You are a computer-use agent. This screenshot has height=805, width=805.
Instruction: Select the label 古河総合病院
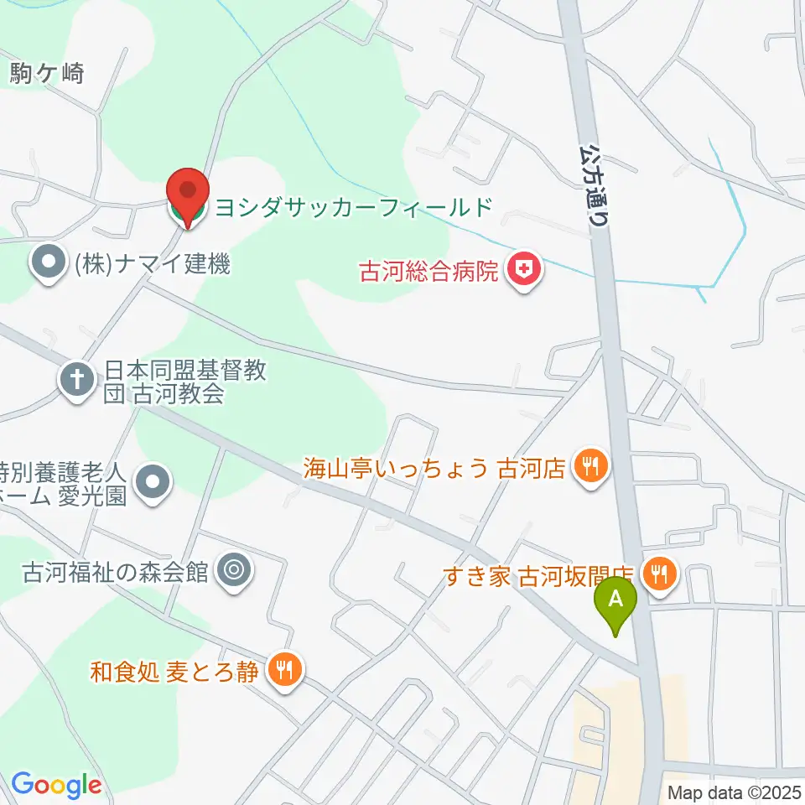pos(428,272)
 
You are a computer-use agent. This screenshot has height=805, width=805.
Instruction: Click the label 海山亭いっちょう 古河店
pos(434,468)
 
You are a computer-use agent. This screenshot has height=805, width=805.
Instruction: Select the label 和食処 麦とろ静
pos(174,672)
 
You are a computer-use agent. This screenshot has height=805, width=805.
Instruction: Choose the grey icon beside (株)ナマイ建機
pos(48,265)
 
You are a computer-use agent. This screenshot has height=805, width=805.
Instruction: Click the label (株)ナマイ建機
pos(151,265)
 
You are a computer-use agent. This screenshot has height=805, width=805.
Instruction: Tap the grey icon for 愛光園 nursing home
pos(153,482)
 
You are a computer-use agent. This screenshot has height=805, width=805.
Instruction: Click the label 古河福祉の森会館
pos(114,573)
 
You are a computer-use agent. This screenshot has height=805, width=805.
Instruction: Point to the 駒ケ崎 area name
pos(47,74)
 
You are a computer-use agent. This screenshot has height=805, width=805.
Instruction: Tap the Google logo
pos(56,785)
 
